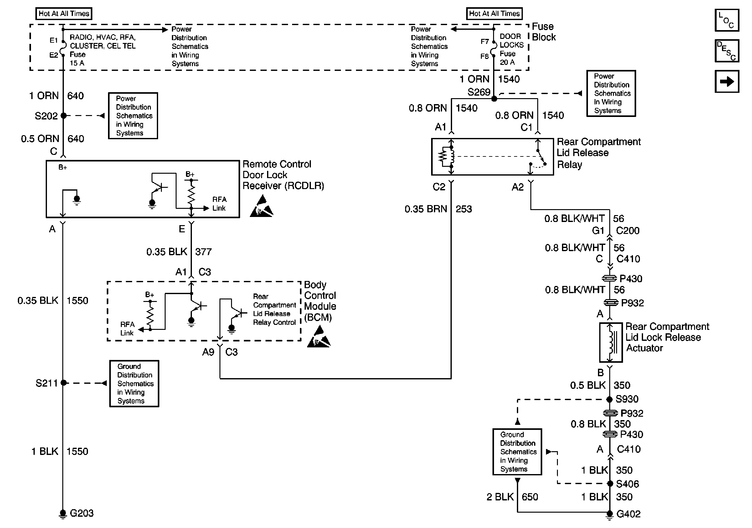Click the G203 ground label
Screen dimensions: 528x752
coord(81,513)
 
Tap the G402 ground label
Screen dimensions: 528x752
coord(628,514)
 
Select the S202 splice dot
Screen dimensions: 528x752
coord(64,115)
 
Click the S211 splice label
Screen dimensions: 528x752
coord(47,383)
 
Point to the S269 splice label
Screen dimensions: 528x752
coord(478,92)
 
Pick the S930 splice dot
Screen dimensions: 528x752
coord(609,399)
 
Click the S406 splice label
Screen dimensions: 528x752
coord(627,484)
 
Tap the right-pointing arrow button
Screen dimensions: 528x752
coord(727,81)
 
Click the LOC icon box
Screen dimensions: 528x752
coord(727,20)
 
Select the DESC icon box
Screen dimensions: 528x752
coord(727,51)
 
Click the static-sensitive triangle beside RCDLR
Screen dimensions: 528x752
coord(261,207)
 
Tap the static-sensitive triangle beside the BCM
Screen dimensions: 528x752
coord(319,337)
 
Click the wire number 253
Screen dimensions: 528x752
coord(463,209)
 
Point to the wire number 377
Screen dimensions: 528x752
coord(203,252)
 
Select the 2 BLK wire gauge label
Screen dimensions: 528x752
coord(500,497)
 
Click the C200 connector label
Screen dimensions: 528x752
coord(627,230)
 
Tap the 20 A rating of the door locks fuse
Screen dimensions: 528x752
coord(507,62)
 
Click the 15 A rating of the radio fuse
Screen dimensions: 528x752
coord(77,63)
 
